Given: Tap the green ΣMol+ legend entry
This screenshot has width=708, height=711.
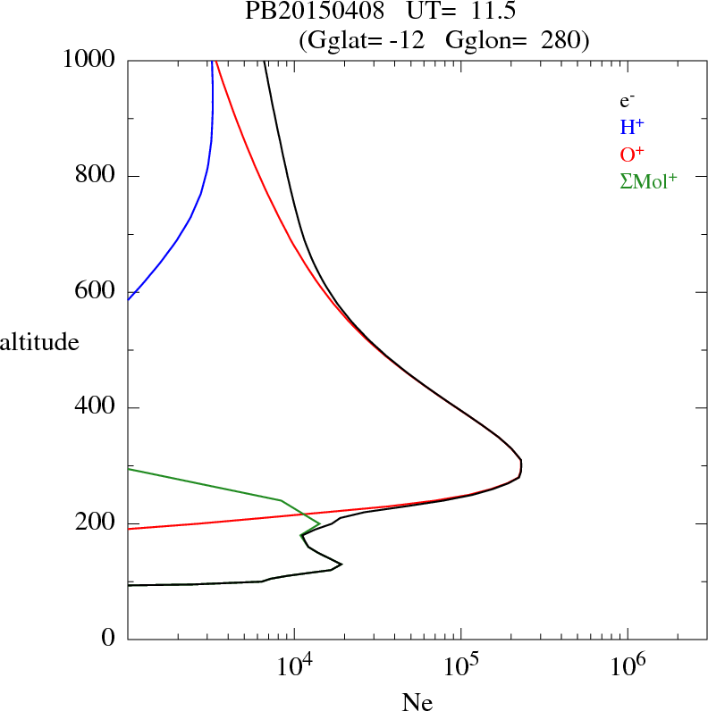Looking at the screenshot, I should (648, 180).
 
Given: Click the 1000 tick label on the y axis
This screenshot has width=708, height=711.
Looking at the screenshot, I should (89, 60).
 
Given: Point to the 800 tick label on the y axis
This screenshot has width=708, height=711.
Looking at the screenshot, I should (97, 176).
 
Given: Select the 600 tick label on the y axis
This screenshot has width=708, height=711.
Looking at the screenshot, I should (97, 292).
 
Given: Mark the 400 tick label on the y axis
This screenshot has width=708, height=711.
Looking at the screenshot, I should (97, 408).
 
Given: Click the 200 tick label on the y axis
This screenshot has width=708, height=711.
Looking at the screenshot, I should (97, 524).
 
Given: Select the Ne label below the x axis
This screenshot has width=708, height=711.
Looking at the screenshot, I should (417, 703).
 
